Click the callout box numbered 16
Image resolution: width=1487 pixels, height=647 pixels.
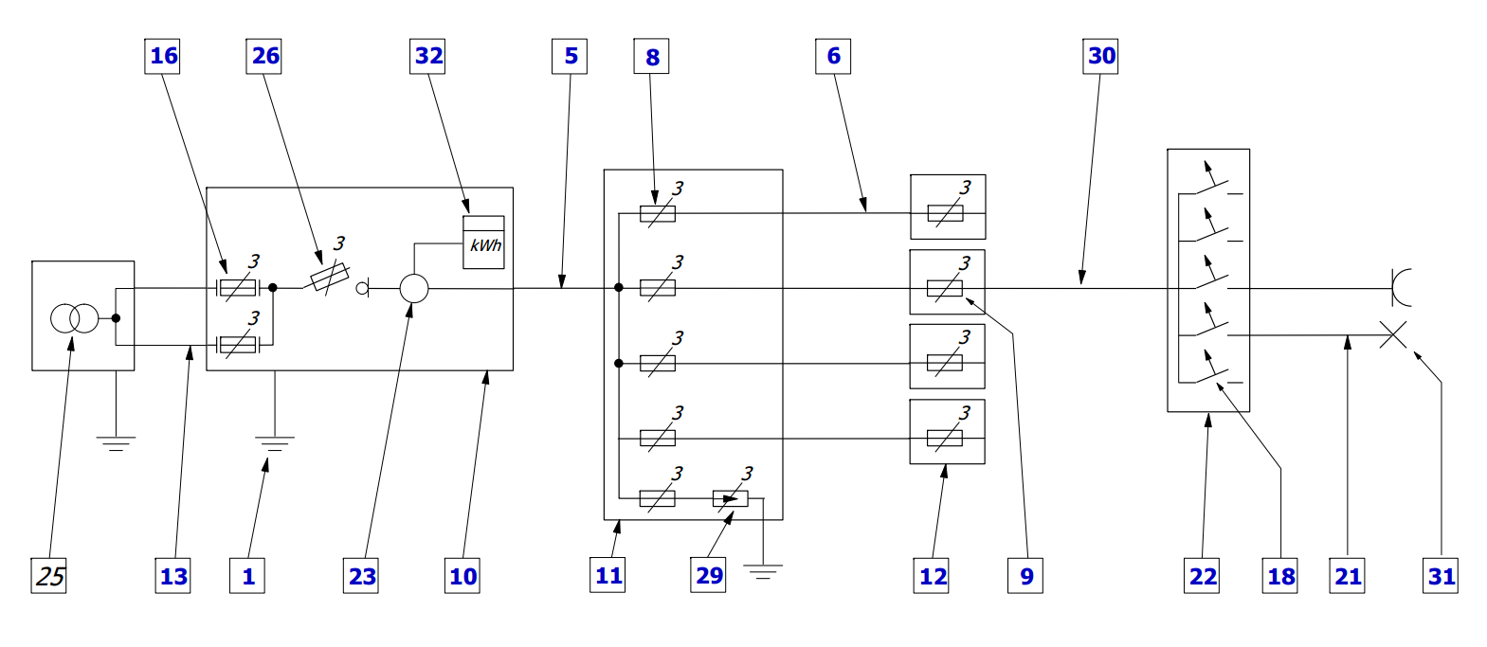(163, 56)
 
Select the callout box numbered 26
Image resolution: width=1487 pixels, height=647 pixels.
(264, 56)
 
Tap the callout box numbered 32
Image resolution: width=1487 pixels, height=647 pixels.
(428, 56)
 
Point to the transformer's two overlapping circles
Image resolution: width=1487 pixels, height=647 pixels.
(74, 318)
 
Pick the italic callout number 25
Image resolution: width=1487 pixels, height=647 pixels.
(49, 575)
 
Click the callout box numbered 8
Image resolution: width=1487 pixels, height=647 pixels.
(652, 57)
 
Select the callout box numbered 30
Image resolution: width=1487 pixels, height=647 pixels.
(1101, 56)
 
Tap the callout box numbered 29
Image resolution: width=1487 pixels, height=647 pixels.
(709, 575)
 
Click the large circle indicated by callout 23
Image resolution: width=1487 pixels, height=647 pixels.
(414, 288)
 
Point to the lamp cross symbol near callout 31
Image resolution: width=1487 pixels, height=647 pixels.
(1392, 334)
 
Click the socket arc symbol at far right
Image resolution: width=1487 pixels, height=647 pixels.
(1401, 288)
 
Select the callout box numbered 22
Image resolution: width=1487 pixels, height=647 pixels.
(1203, 576)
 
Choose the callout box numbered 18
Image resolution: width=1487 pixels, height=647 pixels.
(1281, 576)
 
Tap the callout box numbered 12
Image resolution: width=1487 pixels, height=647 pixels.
(933, 576)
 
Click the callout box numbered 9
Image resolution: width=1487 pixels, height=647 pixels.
(1026, 576)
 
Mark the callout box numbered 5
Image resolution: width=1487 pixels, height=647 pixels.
(571, 56)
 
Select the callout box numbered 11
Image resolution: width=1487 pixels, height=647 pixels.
(608, 575)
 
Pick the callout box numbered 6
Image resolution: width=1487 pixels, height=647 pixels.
(833, 56)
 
